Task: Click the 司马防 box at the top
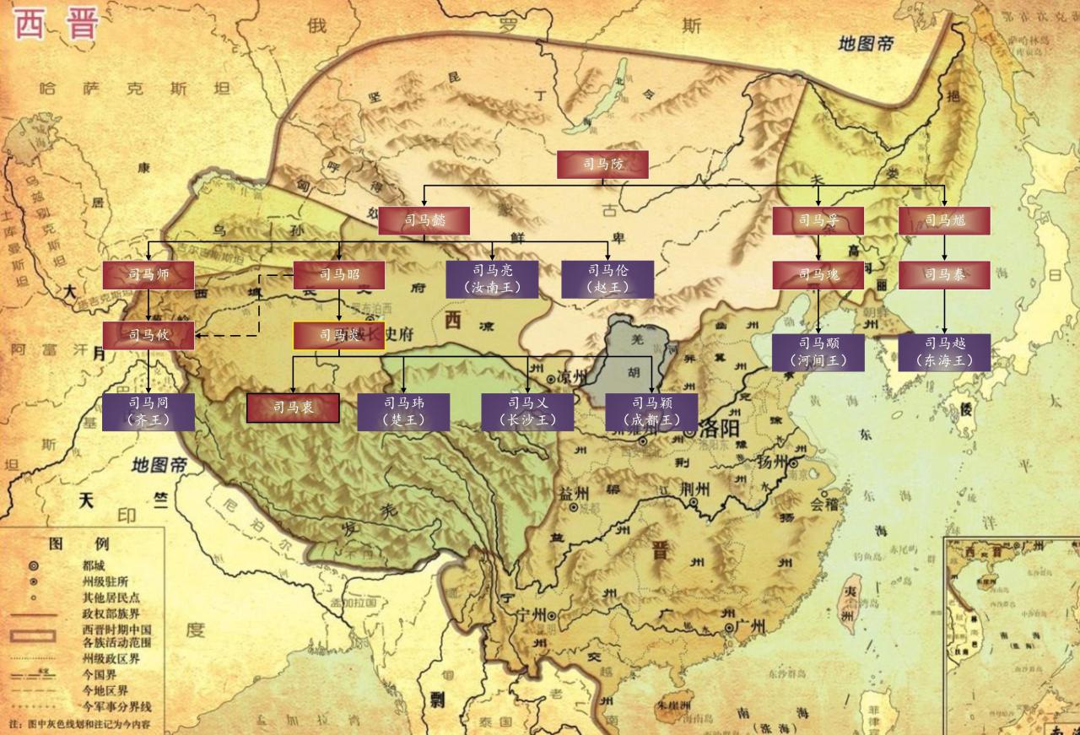tap(602, 165)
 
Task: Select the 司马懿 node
tap(424, 220)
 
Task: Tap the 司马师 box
tap(148, 275)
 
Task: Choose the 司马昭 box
tap(339, 275)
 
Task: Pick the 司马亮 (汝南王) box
tap(492, 278)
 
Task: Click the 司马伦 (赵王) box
tap(607, 278)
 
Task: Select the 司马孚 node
tap(818, 220)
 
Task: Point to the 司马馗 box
tap(944, 220)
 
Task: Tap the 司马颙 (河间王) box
tap(818, 352)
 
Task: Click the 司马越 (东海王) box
tap(944, 352)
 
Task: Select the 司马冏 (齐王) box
tap(148, 412)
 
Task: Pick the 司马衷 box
tap(293, 408)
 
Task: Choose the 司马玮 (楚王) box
tap(403, 412)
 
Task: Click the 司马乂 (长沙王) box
tap(528, 412)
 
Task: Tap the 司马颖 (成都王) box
tap(651, 412)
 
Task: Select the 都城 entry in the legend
tap(94, 565)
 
